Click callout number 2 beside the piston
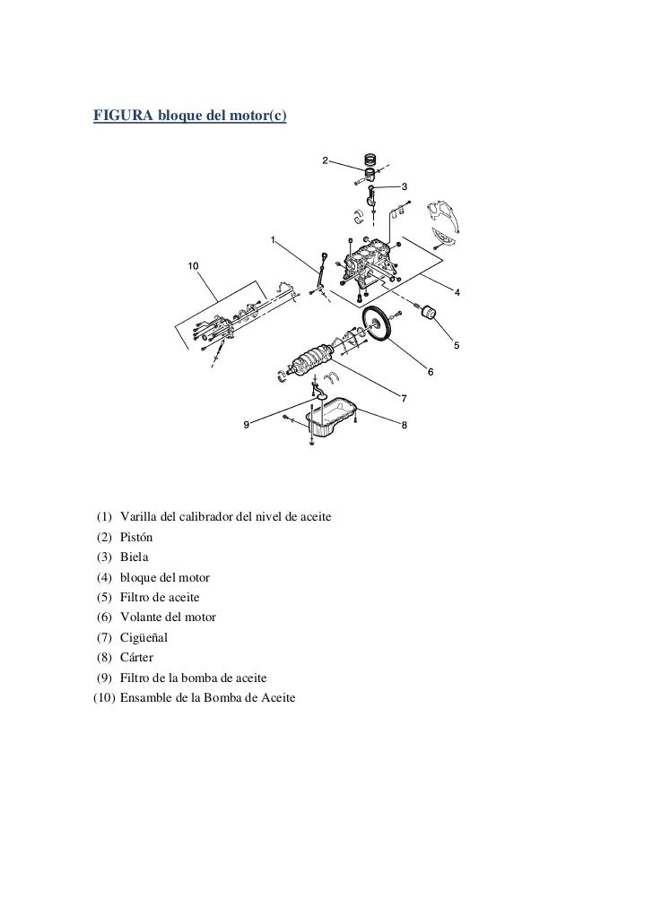(x=326, y=161)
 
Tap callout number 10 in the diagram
(x=193, y=266)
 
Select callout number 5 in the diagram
(x=457, y=345)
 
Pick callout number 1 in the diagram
(x=273, y=239)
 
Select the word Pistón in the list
(x=136, y=538)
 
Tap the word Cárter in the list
(x=137, y=658)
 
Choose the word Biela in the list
(x=135, y=557)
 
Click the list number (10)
(x=102, y=698)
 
